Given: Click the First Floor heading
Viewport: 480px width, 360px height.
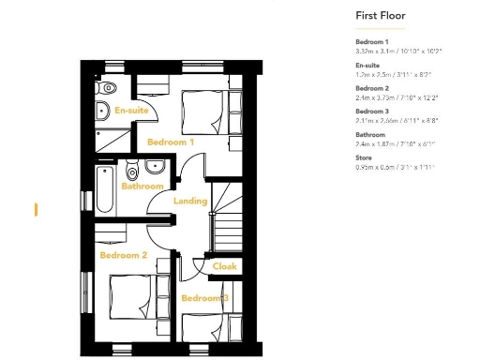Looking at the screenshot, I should point(378,16).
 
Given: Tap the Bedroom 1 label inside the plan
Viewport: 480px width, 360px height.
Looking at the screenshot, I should point(171,142).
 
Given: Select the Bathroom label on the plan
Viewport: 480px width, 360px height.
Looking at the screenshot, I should point(142,186).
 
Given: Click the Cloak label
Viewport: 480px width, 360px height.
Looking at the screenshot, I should point(225,266).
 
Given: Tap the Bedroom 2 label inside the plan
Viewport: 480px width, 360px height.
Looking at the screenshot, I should point(124,255).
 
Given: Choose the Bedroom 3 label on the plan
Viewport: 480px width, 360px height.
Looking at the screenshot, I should point(205,298).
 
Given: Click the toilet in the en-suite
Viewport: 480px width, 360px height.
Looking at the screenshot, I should point(106,88).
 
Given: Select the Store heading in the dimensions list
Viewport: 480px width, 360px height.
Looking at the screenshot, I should point(365,159).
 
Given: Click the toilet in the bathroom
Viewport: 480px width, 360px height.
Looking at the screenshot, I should point(132,172).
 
